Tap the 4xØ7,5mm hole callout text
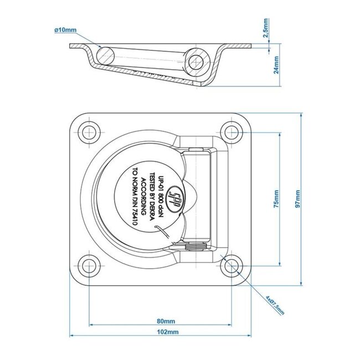pyautogui.click(x=274, y=304)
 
